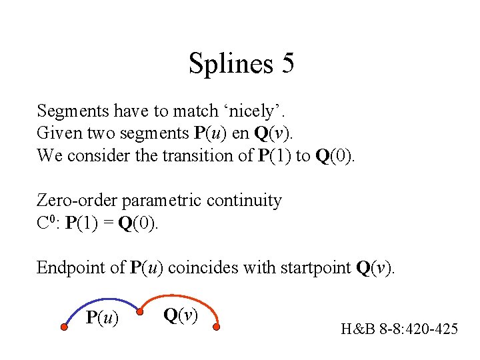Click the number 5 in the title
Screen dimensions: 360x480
point(287,64)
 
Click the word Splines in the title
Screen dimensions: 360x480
point(231,64)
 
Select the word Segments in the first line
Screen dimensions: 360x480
point(70,111)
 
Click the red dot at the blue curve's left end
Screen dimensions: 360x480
point(64,327)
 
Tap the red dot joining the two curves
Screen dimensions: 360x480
point(140,311)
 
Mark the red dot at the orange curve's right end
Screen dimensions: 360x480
point(216,327)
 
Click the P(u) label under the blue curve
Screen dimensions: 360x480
point(103,319)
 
